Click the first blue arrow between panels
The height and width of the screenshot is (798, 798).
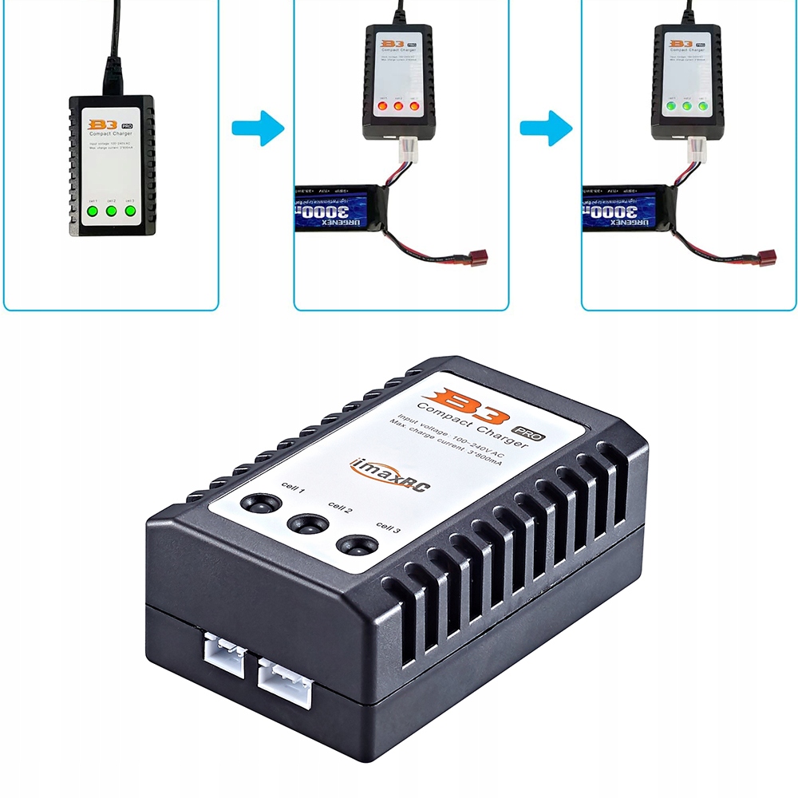[x=258, y=128]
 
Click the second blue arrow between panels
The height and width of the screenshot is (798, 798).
[x=546, y=128]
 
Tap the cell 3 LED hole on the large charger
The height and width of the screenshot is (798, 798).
[x=357, y=546]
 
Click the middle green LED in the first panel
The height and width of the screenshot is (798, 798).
[x=111, y=211]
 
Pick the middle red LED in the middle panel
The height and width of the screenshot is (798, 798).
[x=398, y=105]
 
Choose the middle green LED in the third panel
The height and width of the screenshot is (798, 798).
[x=686, y=105]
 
